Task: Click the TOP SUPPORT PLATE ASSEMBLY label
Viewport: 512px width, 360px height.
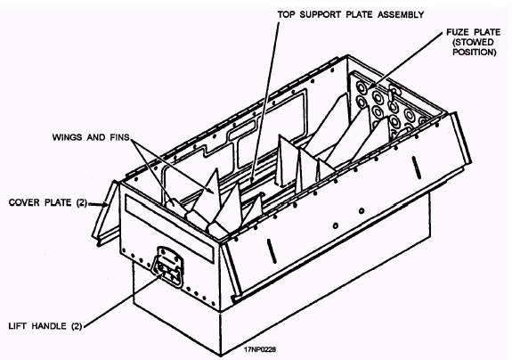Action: click(x=350, y=14)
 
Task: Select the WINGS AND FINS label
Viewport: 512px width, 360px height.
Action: click(x=91, y=137)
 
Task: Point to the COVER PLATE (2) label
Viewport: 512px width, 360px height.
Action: click(x=48, y=202)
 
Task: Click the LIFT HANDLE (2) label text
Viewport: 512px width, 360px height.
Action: click(x=45, y=326)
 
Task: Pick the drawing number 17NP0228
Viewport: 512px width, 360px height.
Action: click(x=260, y=349)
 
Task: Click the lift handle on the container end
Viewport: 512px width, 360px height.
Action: click(x=168, y=266)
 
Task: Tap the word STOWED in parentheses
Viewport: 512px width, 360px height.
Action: click(x=473, y=42)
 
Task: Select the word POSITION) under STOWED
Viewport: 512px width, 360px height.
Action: click(x=474, y=52)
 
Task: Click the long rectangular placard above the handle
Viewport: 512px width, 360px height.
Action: click(x=169, y=228)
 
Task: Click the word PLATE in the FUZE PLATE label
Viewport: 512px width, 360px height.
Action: click(x=487, y=32)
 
